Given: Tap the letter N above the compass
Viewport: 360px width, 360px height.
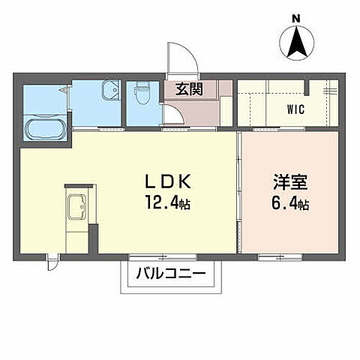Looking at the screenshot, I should click(x=295, y=18).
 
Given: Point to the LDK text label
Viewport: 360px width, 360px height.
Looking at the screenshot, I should click(x=170, y=182).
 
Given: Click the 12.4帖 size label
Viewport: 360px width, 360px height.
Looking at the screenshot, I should click(x=170, y=202).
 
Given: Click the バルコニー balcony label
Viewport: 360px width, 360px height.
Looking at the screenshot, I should click(x=172, y=275).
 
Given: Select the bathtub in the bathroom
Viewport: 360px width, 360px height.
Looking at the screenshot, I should click(x=44, y=128).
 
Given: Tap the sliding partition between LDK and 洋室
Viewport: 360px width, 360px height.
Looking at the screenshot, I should click(x=239, y=195).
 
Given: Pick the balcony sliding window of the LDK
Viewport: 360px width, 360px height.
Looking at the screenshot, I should click(x=172, y=257).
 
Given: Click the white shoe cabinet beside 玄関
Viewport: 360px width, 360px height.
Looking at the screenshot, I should click(x=226, y=104).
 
